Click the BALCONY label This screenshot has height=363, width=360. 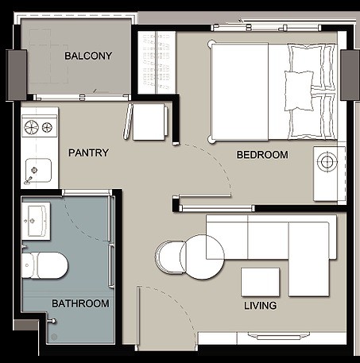click(x=88, y=56)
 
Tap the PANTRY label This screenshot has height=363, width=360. click(x=88, y=153)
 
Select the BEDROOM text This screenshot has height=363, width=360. click(x=262, y=155)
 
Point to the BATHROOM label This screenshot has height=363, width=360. click(x=80, y=303)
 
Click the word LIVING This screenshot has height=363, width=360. click(x=261, y=306)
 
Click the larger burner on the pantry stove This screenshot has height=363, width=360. click(x=31, y=127)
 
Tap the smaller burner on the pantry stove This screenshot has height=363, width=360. click(x=47, y=128)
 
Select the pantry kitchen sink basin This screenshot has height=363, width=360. click(x=38, y=171)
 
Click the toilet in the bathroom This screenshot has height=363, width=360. click(x=45, y=265)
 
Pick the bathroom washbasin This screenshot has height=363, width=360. click(x=37, y=222)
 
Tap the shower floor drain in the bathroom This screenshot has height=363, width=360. click(x=54, y=337)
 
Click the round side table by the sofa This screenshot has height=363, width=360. click(x=202, y=257)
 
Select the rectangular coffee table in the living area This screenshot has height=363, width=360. click(x=261, y=282)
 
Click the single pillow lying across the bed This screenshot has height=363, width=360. click(x=299, y=91)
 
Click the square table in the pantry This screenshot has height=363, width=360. click(x=149, y=122)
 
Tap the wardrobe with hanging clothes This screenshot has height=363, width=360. click(x=157, y=62)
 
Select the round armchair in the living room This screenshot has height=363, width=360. click(x=170, y=257)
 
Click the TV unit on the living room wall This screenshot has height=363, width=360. click(x=279, y=337)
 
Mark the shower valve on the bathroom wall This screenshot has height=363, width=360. click(x=52, y=321)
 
